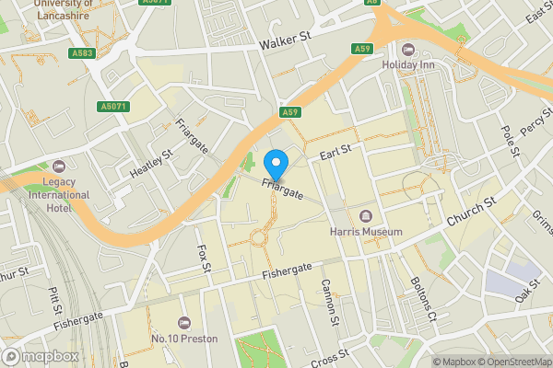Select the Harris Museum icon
coord(366,216)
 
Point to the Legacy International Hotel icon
coord(60,167)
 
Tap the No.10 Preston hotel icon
coord(183,323)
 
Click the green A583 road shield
coord(81,53)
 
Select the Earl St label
coord(336,150)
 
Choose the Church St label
coord(471,213)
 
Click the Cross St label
coord(330,358)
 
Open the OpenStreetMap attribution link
coord(513,362)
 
